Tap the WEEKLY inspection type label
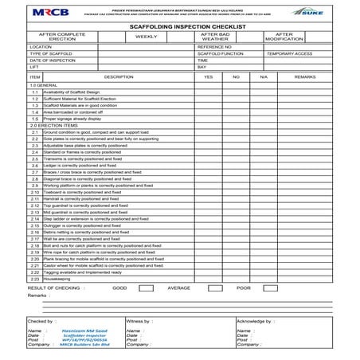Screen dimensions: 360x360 [146, 37]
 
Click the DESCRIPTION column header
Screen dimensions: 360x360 [118, 76]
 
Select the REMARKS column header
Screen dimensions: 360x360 [304, 76]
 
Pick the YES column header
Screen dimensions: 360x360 [209, 76]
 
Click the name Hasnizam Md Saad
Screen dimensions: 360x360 [76, 330]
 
